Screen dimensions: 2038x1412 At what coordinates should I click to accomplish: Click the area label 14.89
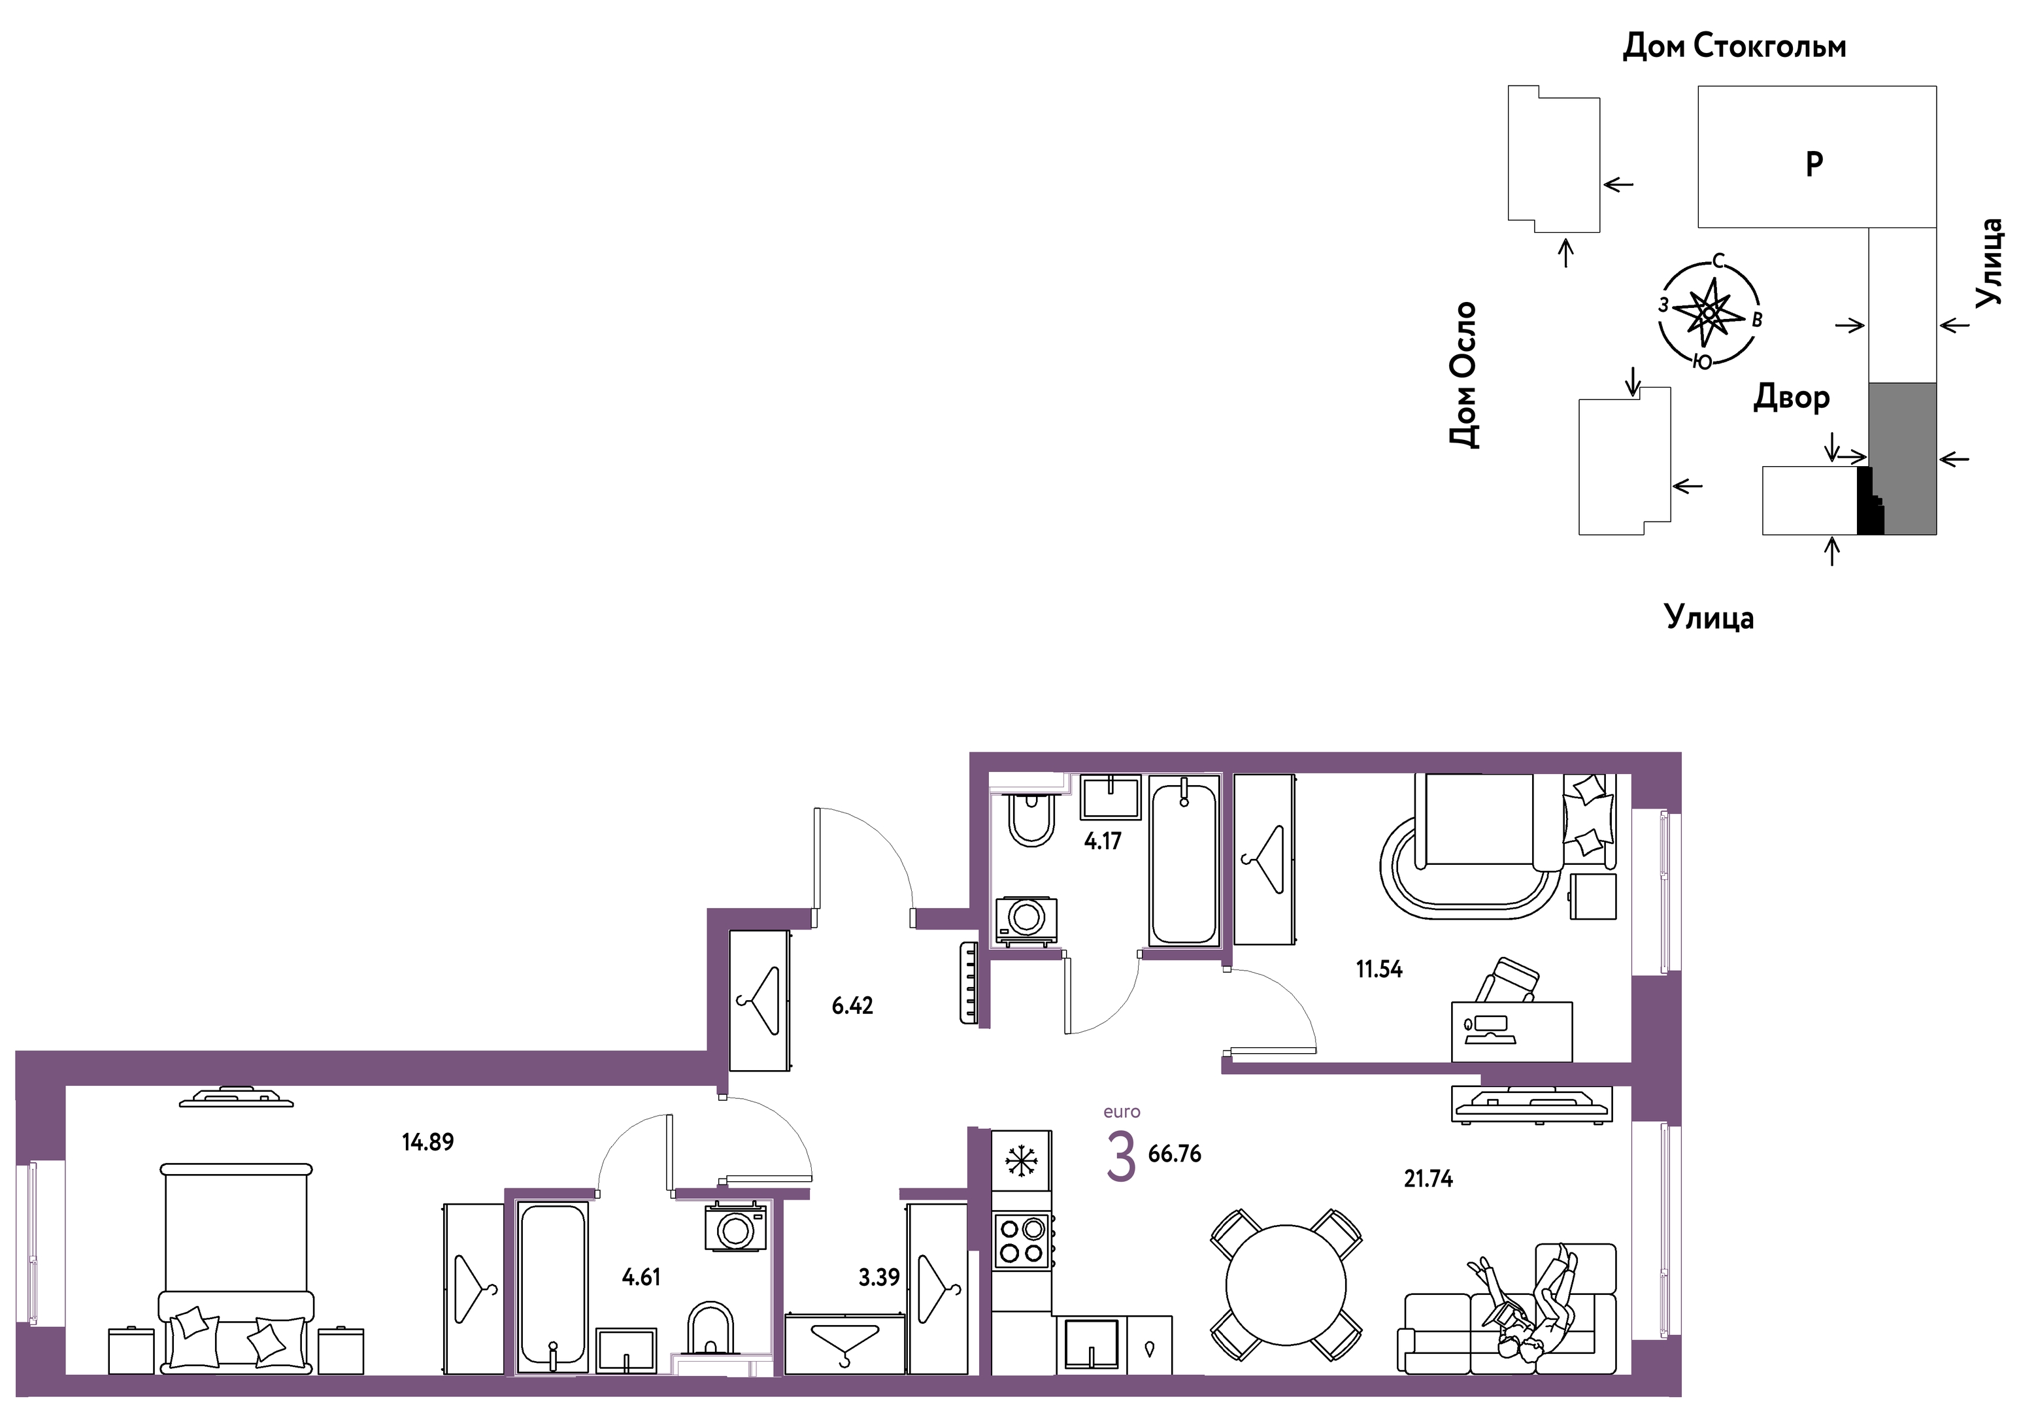point(427,1142)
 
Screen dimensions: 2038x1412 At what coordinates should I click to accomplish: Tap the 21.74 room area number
point(1429,1179)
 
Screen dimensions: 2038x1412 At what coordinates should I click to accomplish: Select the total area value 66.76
point(1175,1154)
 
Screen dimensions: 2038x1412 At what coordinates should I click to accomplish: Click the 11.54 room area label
point(1379,969)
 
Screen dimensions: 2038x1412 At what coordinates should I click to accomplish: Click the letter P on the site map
point(1813,163)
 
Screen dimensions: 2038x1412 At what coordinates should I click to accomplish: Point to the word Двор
point(1791,398)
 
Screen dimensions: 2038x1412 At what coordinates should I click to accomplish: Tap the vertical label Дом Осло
point(1463,375)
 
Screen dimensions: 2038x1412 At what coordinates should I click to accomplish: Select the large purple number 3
point(1121,1158)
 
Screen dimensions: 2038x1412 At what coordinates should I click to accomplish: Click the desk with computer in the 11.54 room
point(1512,1032)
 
